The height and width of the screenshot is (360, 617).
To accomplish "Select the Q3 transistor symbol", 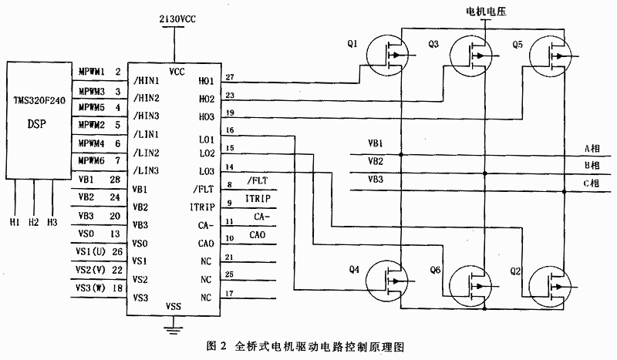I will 473,54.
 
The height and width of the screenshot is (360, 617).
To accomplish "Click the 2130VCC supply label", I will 174,16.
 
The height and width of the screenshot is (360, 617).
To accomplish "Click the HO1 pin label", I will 207,79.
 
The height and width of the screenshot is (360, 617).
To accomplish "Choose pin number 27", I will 230,76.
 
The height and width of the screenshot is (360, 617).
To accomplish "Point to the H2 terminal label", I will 33,223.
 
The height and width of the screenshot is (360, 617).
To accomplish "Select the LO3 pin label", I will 207,171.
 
